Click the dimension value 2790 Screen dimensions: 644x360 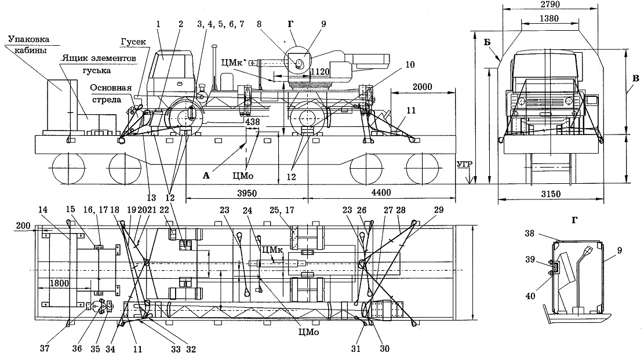click(x=550, y=5)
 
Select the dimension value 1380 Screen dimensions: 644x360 click(x=549, y=19)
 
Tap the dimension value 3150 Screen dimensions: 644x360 click(x=550, y=194)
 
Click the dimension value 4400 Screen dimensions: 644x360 click(x=381, y=192)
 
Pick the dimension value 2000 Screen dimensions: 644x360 click(x=422, y=87)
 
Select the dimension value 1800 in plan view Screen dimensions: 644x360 click(x=59, y=283)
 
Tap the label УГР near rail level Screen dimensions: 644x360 click(x=464, y=165)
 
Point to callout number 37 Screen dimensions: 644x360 click(x=45, y=348)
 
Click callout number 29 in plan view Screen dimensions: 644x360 click(x=439, y=210)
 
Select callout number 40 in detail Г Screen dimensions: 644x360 click(x=530, y=296)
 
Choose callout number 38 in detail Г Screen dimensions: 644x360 click(x=530, y=234)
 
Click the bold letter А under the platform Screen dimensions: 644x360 click(x=206, y=176)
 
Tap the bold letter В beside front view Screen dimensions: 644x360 click(x=636, y=78)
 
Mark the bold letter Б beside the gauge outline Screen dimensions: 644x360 click(x=487, y=42)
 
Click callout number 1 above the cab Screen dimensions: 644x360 click(x=158, y=24)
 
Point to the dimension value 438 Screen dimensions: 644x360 click(x=253, y=122)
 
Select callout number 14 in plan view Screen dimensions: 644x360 click(x=43, y=210)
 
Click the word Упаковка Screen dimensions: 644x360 click(x=29, y=39)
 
